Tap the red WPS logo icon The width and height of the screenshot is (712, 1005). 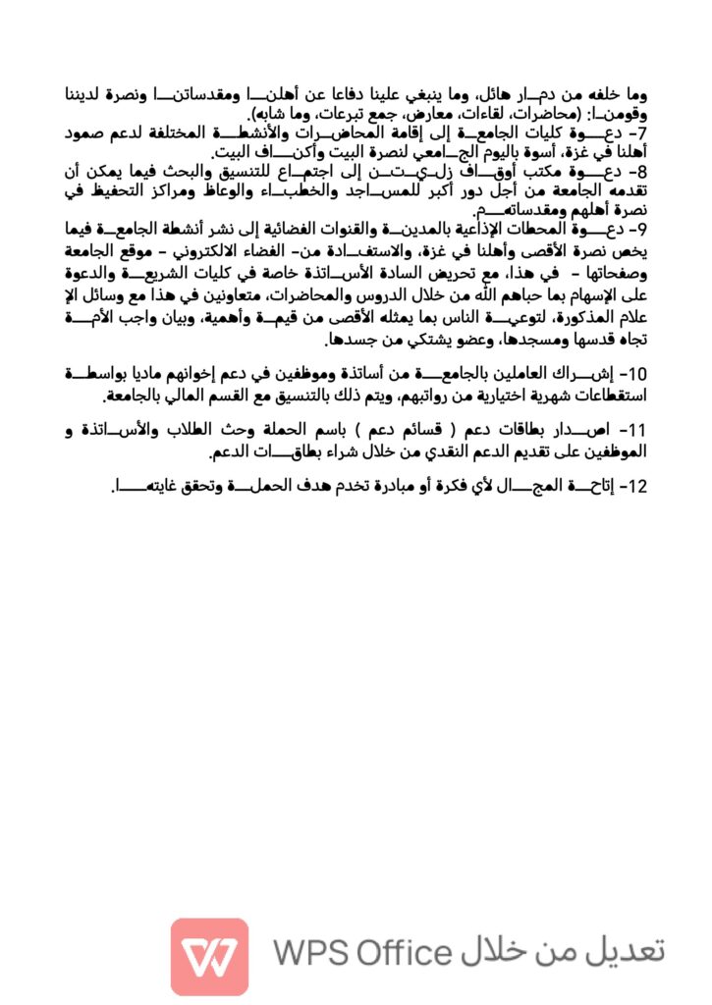click(209, 955)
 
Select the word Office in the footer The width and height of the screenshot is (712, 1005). click(403, 953)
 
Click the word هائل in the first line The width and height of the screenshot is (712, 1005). click(454, 94)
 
